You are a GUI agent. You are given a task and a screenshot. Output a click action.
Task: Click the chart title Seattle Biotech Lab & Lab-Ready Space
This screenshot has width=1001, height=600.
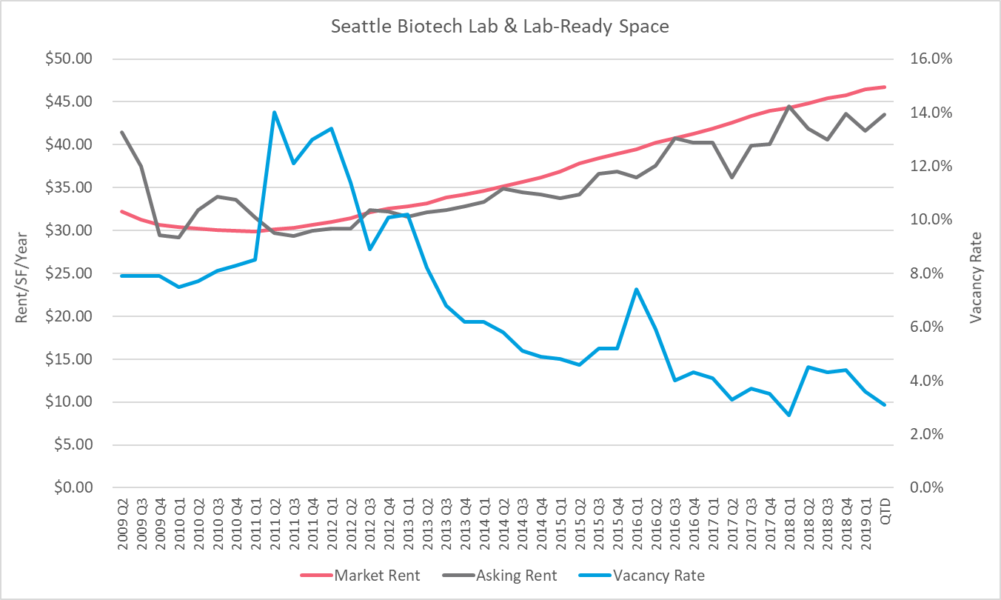[500, 27]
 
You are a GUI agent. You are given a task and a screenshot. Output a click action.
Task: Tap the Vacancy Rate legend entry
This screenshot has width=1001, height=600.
[659, 576]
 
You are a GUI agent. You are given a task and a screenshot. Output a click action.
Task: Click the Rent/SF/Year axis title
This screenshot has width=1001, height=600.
[22, 273]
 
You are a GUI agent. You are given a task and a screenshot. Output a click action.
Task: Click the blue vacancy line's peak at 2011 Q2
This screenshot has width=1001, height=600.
[274, 113]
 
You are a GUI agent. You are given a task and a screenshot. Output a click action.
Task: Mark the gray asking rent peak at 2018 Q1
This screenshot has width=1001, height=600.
[789, 107]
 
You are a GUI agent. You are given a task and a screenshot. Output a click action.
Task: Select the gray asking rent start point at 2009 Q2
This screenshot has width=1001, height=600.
[122, 133]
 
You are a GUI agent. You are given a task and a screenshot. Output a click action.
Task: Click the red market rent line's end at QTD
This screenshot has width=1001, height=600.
[885, 87]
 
